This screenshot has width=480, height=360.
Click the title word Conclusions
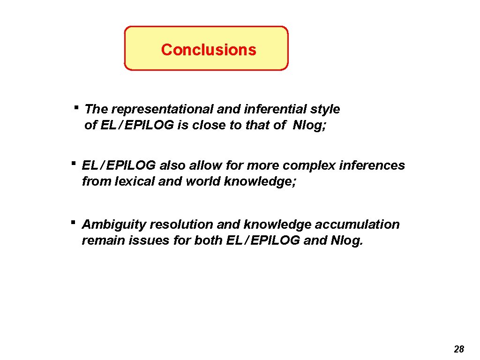209,50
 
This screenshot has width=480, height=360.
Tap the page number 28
459,349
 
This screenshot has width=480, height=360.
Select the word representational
163,109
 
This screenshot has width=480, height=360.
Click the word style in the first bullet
325,109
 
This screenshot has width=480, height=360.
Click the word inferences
372,165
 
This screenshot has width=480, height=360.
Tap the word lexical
132,181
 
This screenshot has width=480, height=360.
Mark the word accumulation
357,225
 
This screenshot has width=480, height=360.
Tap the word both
210,241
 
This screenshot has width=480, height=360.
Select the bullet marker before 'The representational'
76,107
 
